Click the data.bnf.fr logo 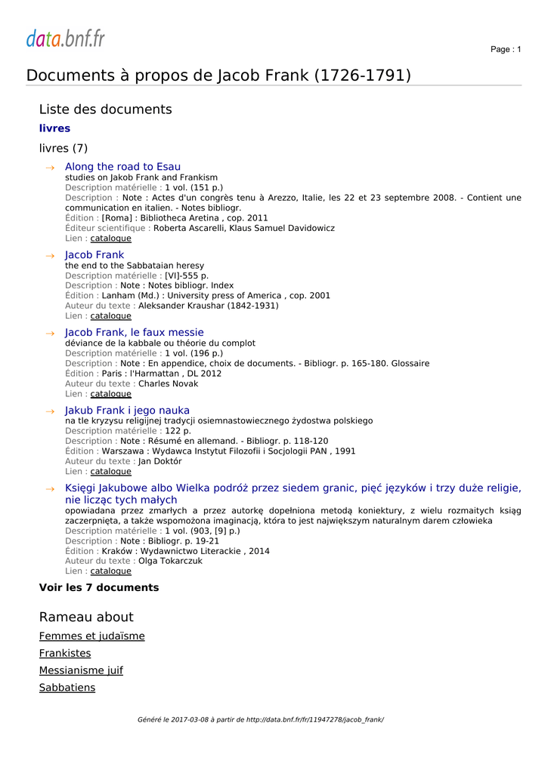(66, 38)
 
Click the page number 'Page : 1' (506, 50)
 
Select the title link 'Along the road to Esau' (122, 167)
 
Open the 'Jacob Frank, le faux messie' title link (134, 333)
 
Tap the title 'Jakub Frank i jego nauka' (127, 411)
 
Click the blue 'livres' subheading (54, 129)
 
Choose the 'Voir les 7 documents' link (99, 588)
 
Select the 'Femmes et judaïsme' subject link (91, 636)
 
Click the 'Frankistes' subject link (65, 654)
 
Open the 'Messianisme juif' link (81, 670)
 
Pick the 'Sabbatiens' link (67, 688)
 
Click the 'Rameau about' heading (86, 617)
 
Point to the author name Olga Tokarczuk (170, 562)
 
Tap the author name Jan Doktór (160, 461)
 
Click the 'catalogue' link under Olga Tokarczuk (110, 571)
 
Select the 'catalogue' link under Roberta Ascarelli (110, 239)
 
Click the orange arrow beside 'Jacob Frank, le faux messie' (50, 334)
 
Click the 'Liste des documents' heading (105, 109)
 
